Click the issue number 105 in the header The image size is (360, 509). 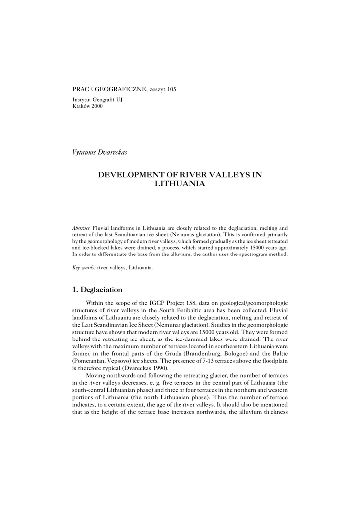click(172, 89)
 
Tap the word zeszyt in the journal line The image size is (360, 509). click(154, 89)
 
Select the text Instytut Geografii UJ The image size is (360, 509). click(97, 100)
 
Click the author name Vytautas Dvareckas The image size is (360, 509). click(100, 152)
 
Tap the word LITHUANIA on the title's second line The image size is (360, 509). click(180, 184)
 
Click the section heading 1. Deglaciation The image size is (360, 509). click(97, 289)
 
